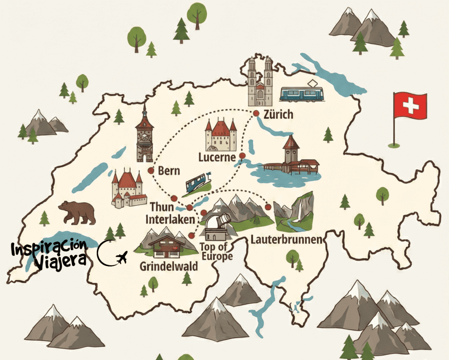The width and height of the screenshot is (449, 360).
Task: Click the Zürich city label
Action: [x=280, y=115]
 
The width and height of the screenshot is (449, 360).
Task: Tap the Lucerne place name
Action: [x=217, y=157]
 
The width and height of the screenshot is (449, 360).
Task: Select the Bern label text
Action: [x=169, y=171]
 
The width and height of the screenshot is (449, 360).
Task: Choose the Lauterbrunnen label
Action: [x=287, y=240]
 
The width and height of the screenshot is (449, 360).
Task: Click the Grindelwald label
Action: [x=169, y=266]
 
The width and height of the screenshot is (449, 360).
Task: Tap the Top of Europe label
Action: [x=216, y=251]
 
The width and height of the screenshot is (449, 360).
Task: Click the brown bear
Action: [x=77, y=212]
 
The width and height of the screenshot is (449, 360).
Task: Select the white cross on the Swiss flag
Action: [x=411, y=105]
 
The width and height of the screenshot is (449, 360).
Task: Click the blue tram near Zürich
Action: [x=302, y=92]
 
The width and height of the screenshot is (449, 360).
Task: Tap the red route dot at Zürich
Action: [x=256, y=114]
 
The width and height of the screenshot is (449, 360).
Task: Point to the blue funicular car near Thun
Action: [x=197, y=183]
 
